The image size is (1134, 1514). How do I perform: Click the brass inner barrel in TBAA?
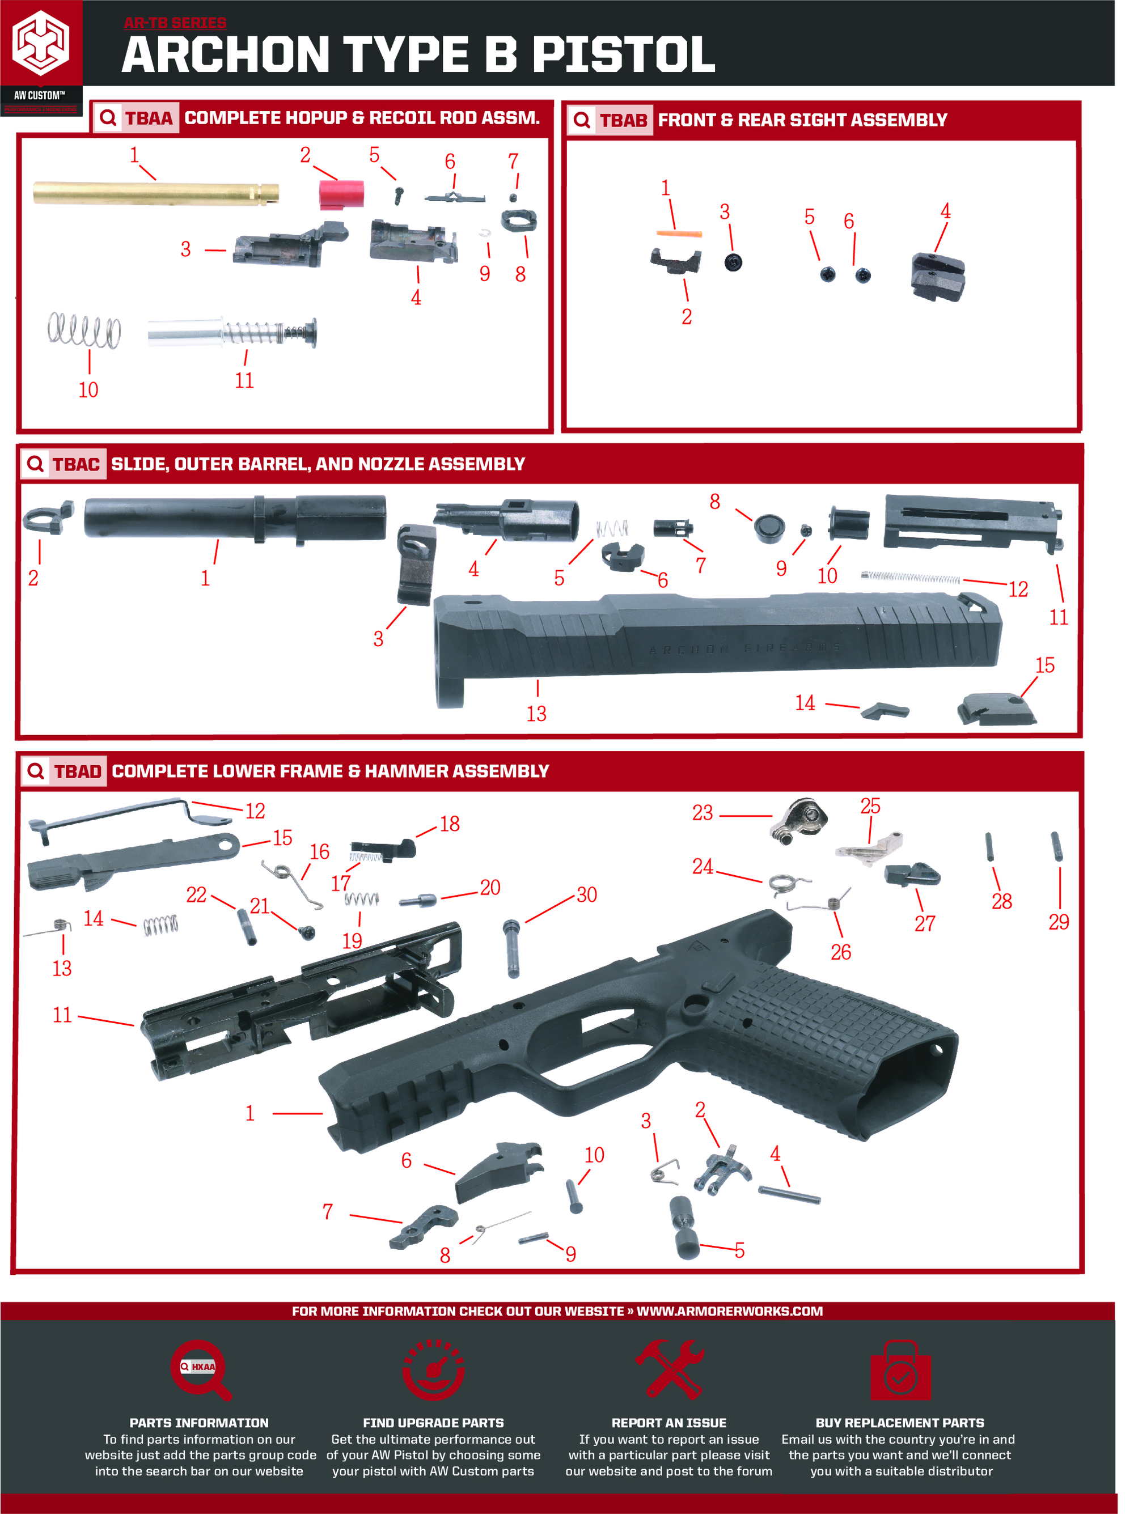(x=156, y=193)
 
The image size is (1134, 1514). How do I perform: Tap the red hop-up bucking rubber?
(x=341, y=194)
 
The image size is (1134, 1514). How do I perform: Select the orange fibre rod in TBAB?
(x=679, y=234)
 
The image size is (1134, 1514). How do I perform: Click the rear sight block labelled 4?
(x=937, y=277)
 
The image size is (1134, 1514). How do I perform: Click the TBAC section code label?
(x=76, y=464)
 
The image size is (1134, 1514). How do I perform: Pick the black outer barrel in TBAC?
(x=235, y=519)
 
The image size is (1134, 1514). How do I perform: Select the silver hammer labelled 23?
(x=798, y=820)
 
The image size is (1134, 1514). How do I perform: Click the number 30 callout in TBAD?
(x=587, y=894)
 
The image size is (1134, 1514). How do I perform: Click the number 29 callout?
(x=1059, y=922)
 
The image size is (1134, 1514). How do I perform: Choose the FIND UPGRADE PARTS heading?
(x=433, y=1422)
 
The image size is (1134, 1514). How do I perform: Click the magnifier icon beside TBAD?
(x=36, y=771)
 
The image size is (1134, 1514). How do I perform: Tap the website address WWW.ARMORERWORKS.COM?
(x=729, y=1311)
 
